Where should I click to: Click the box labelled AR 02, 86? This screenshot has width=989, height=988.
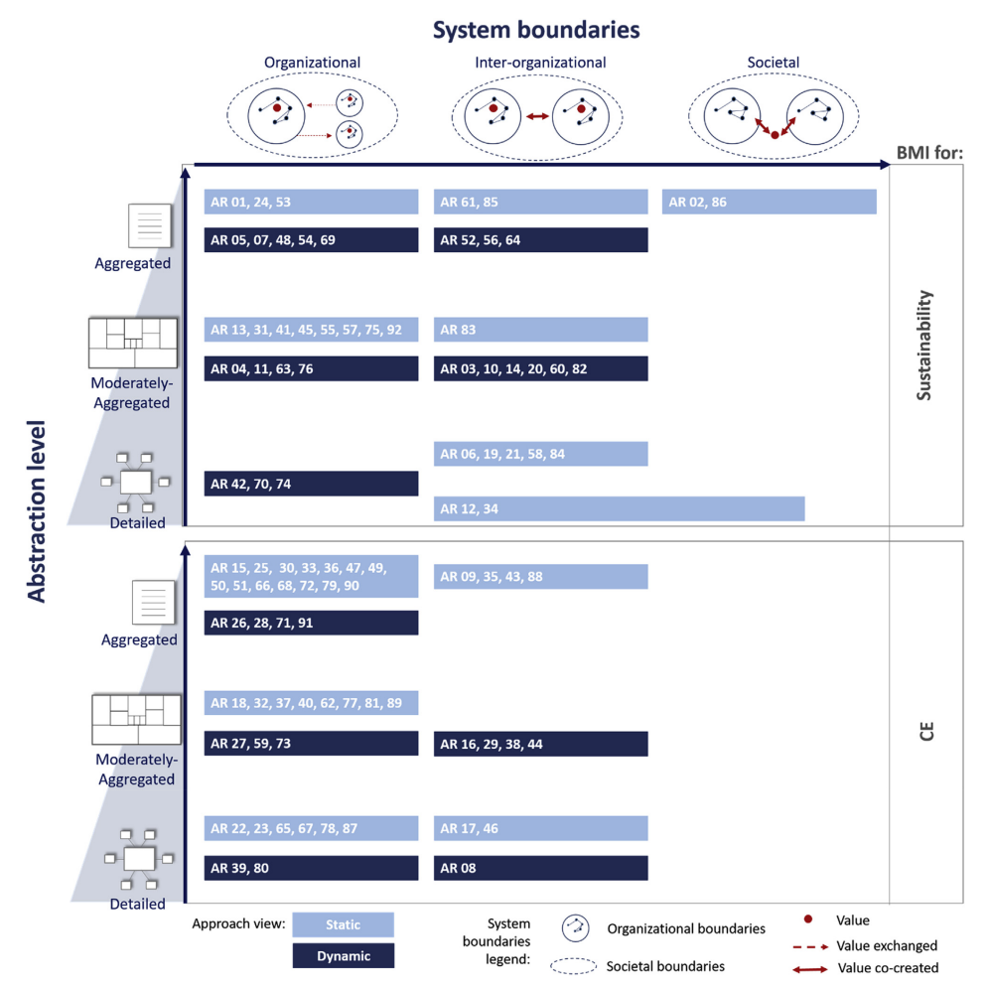[769, 202]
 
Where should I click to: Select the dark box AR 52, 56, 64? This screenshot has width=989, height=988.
[540, 240]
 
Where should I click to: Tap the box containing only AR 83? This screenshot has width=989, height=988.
[540, 330]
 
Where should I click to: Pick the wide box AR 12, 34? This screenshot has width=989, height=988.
[619, 508]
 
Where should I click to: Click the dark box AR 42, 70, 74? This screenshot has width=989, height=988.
[311, 484]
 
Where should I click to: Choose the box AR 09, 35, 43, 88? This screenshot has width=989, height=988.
[540, 577]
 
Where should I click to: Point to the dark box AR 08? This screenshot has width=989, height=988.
[540, 868]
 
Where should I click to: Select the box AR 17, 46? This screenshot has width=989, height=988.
[540, 828]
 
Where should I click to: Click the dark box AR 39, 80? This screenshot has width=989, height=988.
[311, 868]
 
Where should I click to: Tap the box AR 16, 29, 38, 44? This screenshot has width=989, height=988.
[540, 744]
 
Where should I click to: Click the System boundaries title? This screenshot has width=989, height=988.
[535, 30]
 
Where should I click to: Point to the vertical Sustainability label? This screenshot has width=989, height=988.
[924, 345]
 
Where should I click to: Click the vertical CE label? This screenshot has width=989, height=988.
[925, 733]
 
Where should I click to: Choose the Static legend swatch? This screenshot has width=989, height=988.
[344, 924]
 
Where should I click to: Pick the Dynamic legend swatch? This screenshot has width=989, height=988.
[344, 955]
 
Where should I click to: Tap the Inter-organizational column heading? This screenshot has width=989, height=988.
[540, 62]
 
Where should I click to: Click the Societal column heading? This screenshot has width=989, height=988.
[773, 62]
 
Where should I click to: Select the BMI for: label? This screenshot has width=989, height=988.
[930, 152]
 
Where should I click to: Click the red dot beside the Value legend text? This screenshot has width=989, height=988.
[807, 920]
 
